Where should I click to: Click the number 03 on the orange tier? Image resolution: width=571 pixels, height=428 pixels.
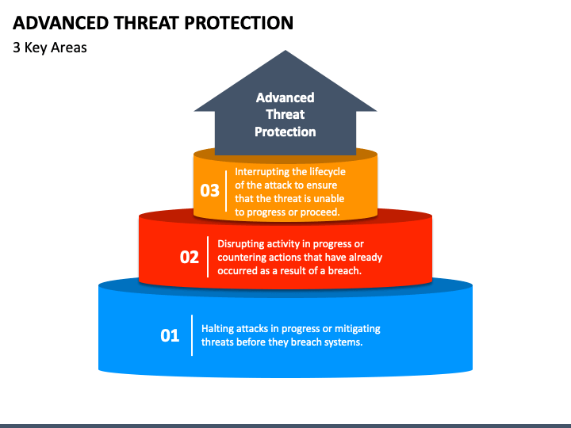point(209,190)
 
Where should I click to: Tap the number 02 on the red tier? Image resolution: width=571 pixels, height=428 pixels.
point(190,257)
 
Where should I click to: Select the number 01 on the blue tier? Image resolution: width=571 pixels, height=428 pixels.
point(170,335)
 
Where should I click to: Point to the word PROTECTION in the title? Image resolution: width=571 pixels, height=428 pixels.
point(239,23)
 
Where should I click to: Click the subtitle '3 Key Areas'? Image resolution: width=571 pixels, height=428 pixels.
point(50,48)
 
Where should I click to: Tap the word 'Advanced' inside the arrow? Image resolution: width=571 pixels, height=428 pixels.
point(285,97)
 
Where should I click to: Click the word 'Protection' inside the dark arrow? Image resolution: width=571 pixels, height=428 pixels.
point(285,132)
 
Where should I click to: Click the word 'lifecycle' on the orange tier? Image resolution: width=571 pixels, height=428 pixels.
point(328,172)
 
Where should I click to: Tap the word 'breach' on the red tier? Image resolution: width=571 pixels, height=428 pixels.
point(344,271)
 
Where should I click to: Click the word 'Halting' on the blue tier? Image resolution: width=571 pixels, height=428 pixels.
point(217,329)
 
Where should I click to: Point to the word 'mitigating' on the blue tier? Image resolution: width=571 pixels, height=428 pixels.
point(358,329)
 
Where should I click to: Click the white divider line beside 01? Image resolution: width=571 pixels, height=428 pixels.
point(192,335)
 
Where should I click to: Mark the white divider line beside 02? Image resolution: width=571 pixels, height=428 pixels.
point(208,257)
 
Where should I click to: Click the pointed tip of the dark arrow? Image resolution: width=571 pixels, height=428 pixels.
point(285,51)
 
